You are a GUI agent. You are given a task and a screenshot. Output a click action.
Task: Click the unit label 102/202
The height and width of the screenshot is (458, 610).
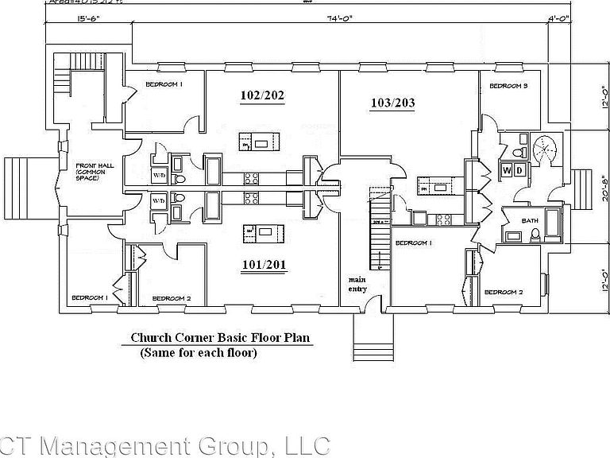pyautogui.click(x=262, y=96)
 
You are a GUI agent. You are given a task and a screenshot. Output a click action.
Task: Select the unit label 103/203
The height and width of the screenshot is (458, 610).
pyautogui.click(x=393, y=103)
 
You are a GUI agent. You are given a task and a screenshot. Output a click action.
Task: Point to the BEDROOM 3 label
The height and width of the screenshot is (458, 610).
pyautogui.click(x=508, y=86)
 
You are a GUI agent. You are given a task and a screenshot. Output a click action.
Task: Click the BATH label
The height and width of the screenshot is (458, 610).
pyautogui.click(x=530, y=220)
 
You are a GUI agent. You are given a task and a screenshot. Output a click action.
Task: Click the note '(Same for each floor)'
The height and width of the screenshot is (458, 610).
pyautogui.click(x=198, y=352)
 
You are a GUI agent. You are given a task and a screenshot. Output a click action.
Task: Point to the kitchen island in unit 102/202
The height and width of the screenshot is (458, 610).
pyautogui.click(x=261, y=142)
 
